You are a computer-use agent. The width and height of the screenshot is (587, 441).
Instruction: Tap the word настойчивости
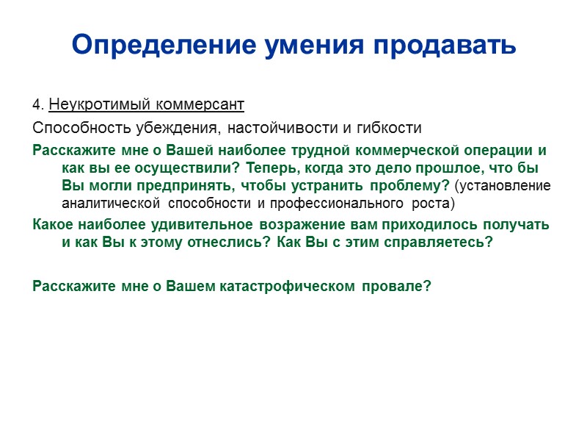(x=282, y=128)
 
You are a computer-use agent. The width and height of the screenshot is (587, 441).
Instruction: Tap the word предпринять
(x=190, y=185)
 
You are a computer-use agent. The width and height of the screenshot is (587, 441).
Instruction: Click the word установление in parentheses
(x=506, y=185)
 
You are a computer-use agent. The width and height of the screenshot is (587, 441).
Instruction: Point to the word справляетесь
(x=437, y=243)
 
